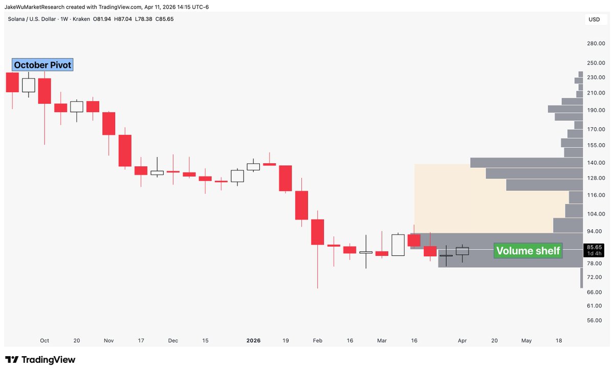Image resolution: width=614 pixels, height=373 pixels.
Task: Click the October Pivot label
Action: [x=43, y=65]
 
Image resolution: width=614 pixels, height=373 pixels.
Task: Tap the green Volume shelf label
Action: [x=528, y=251]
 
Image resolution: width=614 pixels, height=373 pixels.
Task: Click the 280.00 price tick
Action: [x=597, y=44]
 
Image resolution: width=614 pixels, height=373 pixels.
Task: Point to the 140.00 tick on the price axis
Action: [x=597, y=163]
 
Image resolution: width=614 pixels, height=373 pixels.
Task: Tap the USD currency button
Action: [x=594, y=20]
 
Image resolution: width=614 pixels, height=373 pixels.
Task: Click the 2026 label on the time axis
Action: [x=253, y=340]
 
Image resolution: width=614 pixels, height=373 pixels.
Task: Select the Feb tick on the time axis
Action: [x=317, y=340]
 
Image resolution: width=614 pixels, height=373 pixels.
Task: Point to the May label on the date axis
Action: [x=527, y=340]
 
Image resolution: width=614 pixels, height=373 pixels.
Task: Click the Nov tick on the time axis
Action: [x=108, y=340]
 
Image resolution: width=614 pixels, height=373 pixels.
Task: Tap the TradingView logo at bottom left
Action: [x=40, y=360]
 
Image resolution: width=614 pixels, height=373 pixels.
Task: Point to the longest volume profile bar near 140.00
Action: [x=527, y=163]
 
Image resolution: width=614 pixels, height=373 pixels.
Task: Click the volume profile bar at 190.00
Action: [x=565, y=109]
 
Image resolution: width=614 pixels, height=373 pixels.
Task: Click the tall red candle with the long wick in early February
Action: [x=317, y=232]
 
